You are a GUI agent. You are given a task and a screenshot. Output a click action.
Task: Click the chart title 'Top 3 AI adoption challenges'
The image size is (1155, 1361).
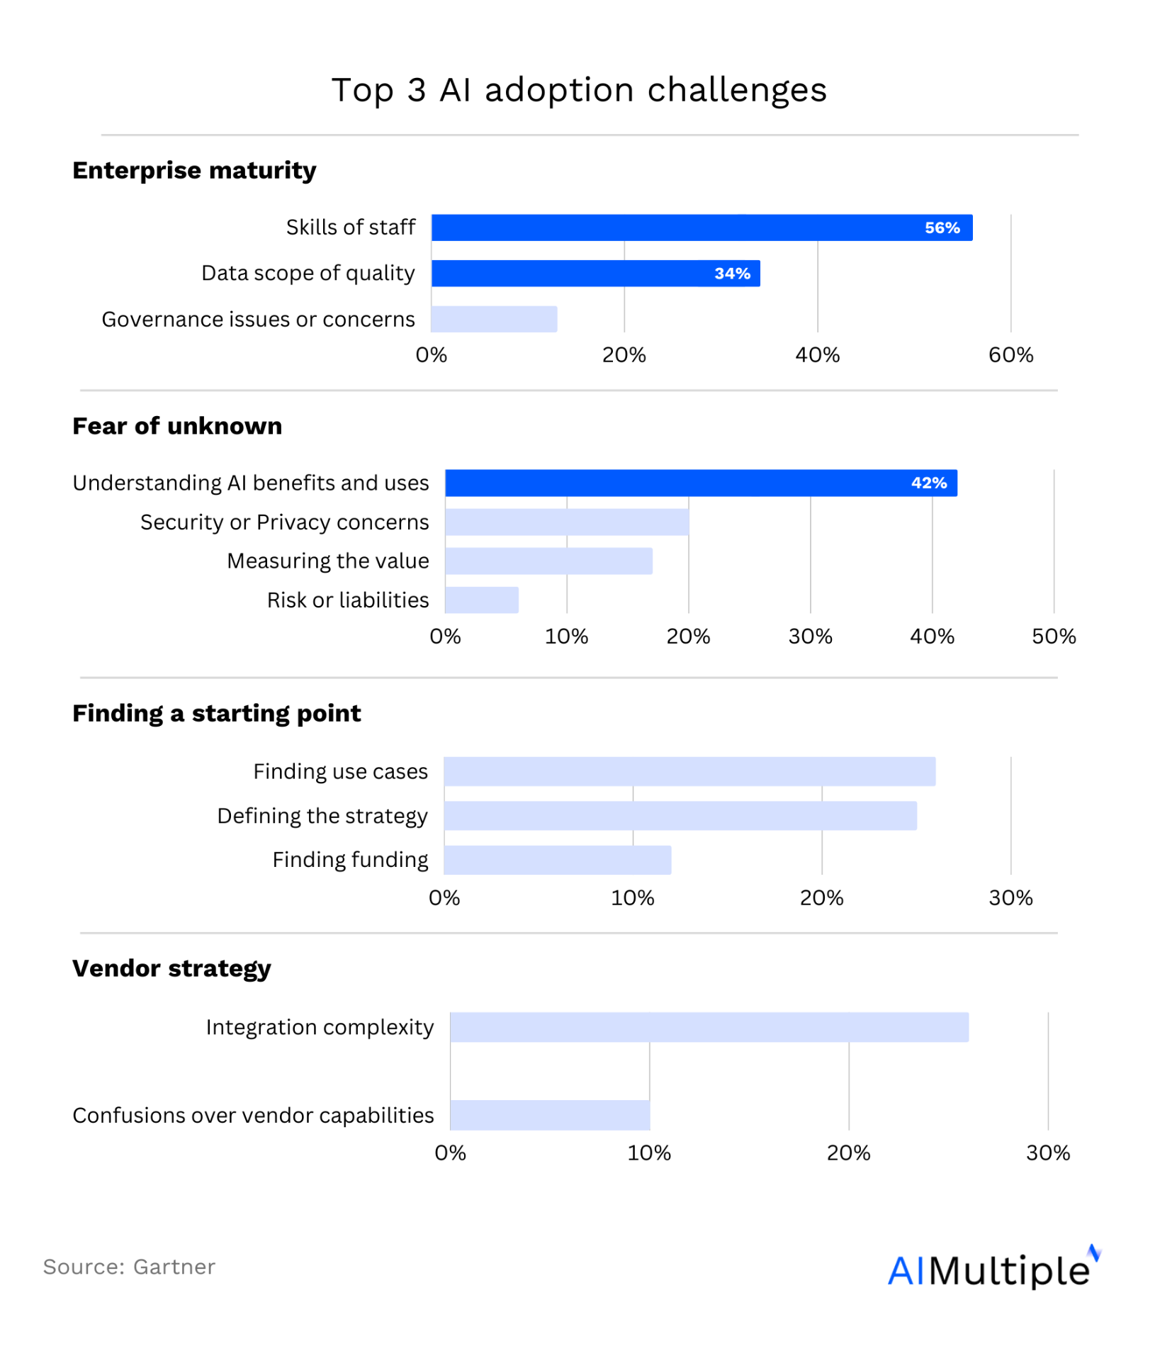[x=579, y=90]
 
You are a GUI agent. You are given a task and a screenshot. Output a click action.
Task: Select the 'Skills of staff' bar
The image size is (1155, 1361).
[x=702, y=228]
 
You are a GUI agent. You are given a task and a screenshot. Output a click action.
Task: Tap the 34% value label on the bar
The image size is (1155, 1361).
[x=732, y=274]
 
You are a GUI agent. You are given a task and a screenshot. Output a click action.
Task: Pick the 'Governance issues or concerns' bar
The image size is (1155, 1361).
[x=494, y=319]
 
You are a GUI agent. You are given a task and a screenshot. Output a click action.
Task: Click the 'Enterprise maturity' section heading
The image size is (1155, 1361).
[x=194, y=171]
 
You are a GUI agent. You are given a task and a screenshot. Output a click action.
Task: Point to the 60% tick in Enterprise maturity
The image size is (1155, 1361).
[x=1010, y=355]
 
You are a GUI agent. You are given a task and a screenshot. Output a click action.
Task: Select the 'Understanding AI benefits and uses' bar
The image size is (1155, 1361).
[x=701, y=483]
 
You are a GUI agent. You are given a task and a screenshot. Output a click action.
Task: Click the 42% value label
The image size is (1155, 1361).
[x=929, y=483]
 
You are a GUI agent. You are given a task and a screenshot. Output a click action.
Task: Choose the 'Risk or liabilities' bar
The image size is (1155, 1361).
[x=482, y=600]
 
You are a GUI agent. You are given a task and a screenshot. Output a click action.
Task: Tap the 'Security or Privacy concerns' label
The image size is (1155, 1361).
[x=284, y=522]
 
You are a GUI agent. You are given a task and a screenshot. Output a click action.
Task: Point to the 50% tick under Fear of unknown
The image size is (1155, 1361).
[x=1054, y=637]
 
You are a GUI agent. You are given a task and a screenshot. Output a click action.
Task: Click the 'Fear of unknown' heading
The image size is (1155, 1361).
[x=177, y=426]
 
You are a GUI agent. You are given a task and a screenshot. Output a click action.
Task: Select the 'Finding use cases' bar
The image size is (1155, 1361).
[x=689, y=771]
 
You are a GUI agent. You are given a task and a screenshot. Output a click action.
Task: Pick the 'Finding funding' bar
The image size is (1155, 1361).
[x=558, y=860]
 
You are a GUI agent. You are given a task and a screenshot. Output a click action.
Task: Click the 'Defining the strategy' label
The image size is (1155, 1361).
[x=322, y=816]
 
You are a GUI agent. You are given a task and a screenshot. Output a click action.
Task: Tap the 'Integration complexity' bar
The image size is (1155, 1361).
[x=709, y=1027]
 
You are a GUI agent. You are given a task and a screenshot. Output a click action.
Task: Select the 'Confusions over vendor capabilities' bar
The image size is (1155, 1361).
[x=550, y=1115]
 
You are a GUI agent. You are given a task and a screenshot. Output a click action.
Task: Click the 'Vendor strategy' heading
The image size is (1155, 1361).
[x=171, y=968]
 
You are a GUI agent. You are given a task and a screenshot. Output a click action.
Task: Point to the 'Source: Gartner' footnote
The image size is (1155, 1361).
[x=129, y=1267]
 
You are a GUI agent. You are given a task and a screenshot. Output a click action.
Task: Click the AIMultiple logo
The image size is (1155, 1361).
[x=993, y=1269]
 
